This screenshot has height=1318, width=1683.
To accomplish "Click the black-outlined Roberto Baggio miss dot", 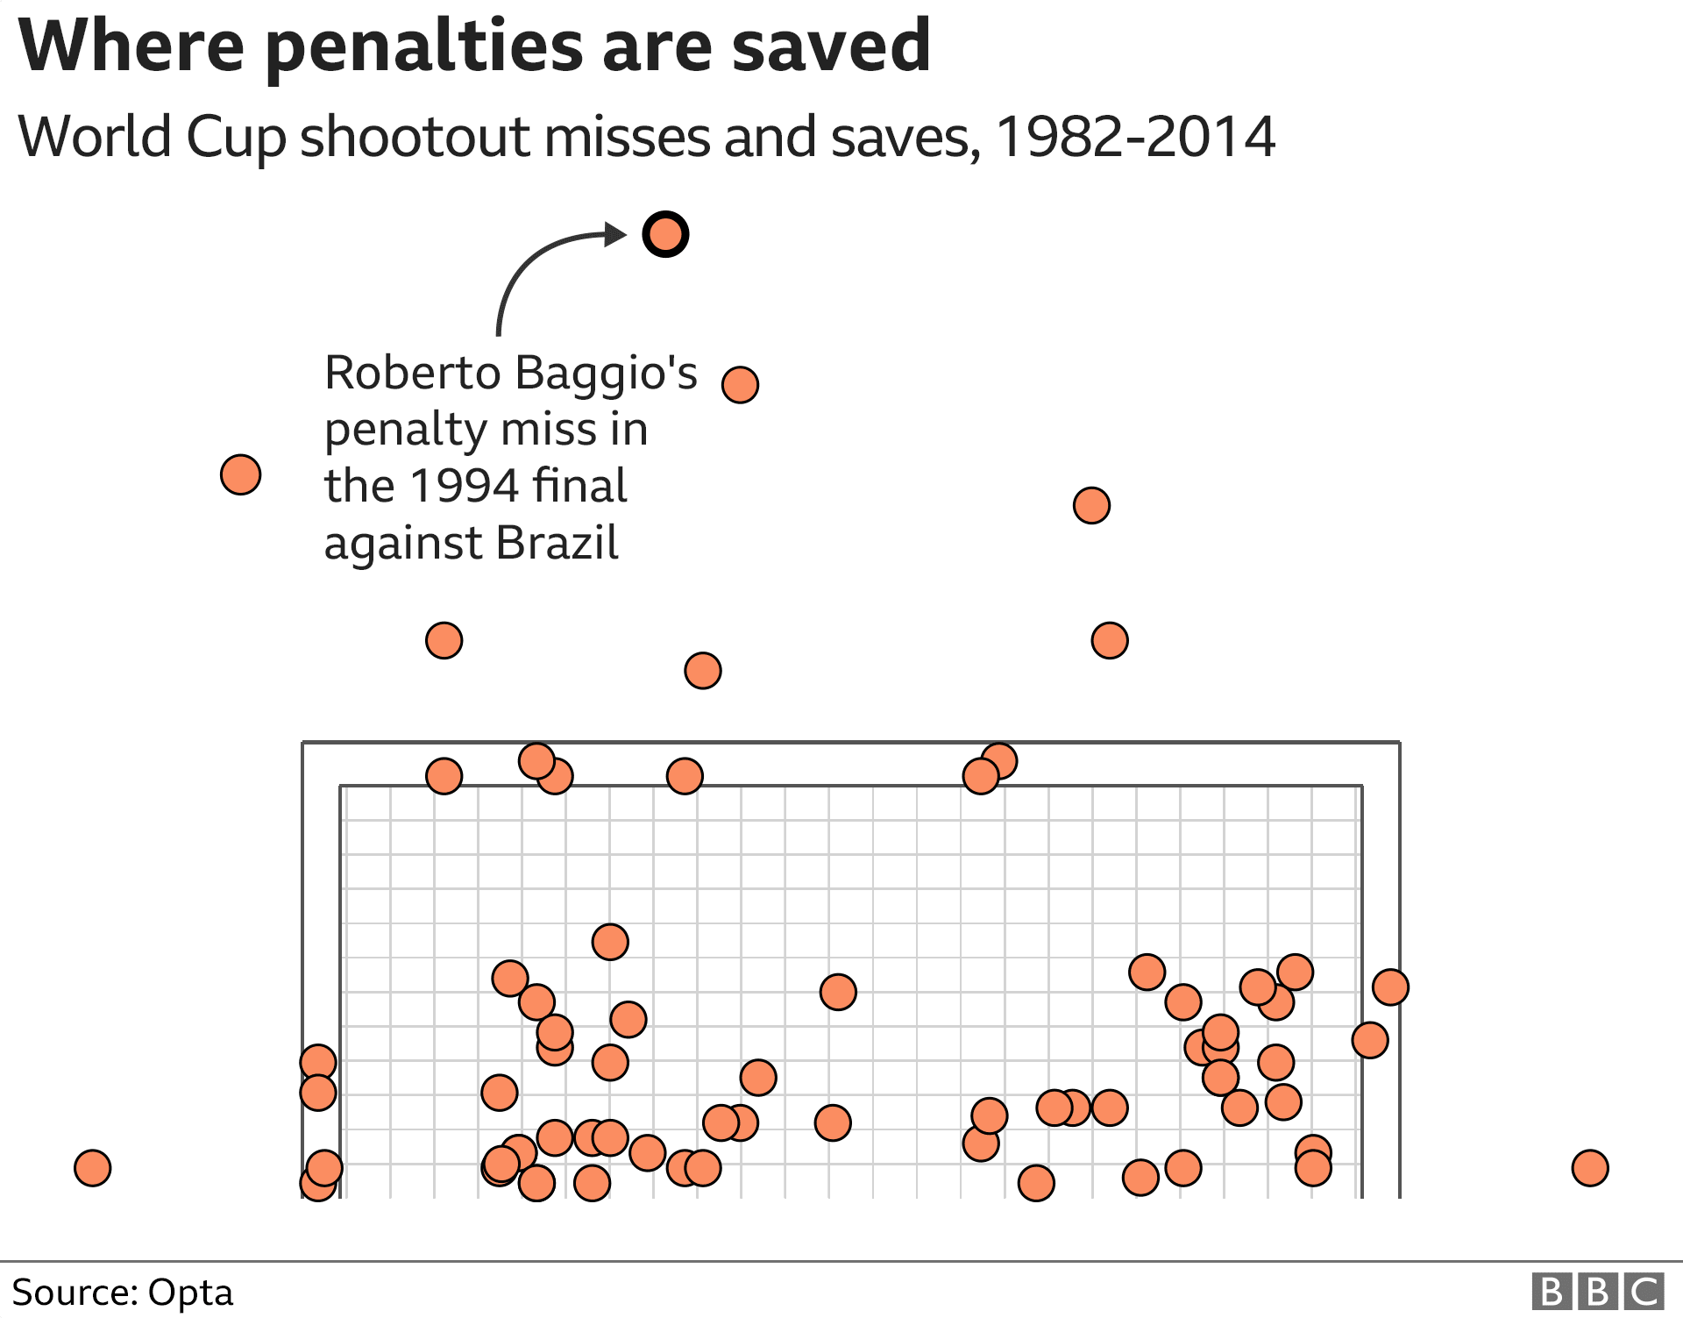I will point(665,234).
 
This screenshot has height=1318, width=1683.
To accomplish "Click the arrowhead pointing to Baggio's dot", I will point(617,234).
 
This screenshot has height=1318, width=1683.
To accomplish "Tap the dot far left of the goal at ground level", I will point(92,1167).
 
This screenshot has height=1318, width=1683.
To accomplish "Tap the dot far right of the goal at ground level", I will point(1589,1167).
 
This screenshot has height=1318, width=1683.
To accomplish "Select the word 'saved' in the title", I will point(831,46).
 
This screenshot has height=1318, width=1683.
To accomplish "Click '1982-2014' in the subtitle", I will point(1135,137).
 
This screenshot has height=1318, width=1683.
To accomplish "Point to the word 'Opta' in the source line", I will point(190,1292).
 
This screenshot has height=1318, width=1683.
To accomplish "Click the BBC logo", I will point(1597,1292).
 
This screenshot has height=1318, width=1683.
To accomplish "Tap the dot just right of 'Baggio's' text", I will point(740,384).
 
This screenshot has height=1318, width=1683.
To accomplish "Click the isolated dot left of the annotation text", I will point(240,474).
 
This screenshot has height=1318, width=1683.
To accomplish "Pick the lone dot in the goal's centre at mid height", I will point(837,992).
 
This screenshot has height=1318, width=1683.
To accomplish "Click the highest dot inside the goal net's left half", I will point(610,942).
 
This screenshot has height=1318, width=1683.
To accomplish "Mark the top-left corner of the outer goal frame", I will point(303,743).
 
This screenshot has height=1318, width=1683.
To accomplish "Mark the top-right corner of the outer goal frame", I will point(1399,743).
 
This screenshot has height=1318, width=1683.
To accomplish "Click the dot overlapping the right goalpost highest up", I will point(1390,987).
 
